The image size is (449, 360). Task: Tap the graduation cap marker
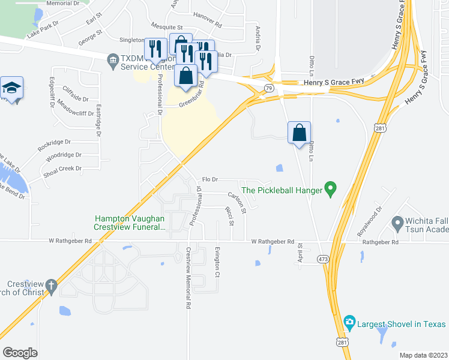12,88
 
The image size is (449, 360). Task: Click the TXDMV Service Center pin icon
112,60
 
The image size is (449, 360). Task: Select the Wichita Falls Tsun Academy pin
397,224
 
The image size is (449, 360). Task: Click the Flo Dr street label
209,179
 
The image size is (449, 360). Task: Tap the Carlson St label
237,203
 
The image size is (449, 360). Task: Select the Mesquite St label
167,28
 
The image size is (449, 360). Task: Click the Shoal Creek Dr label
62,169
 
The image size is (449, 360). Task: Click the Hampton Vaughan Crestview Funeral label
129,223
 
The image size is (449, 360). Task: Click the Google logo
20,352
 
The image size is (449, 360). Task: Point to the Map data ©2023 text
423,355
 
